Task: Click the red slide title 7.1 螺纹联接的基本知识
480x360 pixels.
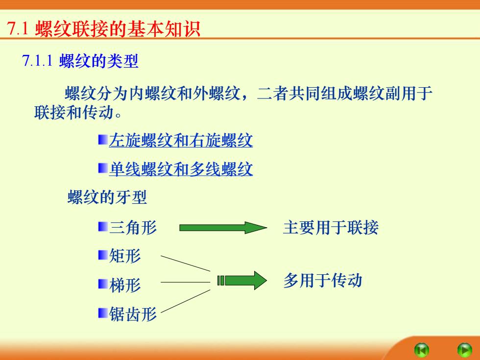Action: (x=103, y=29)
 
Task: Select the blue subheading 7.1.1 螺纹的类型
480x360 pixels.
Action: (x=80, y=61)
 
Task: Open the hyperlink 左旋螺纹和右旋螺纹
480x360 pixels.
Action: (x=181, y=141)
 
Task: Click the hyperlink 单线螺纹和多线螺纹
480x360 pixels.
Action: (x=181, y=169)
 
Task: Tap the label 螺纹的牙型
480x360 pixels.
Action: (x=107, y=197)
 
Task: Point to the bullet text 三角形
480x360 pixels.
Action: (x=133, y=227)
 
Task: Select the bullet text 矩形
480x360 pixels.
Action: (x=125, y=256)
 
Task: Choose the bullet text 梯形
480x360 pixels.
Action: (x=125, y=285)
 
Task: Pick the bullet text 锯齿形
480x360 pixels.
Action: (x=133, y=314)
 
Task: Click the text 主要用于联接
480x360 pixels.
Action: (x=331, y=227)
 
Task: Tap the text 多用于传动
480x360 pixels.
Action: (x=323, y=280)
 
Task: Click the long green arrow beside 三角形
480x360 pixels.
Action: (x=223, y=228)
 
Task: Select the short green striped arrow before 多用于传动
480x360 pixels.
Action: (x=242, y=280)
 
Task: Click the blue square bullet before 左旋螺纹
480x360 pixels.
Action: (x=103, y=140)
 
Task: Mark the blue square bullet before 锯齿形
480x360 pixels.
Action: (x=103, y=313)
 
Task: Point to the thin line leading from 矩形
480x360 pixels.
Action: (x=186, y=264)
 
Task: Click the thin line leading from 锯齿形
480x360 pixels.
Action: (x=186, y=301)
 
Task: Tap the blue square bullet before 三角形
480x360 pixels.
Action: (x=103, y=227)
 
